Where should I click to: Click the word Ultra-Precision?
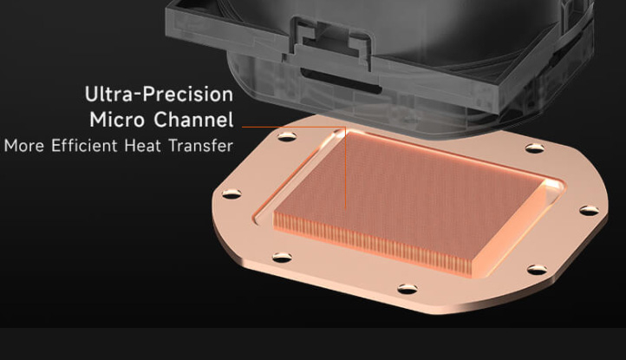(159, 94)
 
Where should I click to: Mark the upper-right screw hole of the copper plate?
(531, 148)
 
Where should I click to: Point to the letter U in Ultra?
(91, 94)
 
